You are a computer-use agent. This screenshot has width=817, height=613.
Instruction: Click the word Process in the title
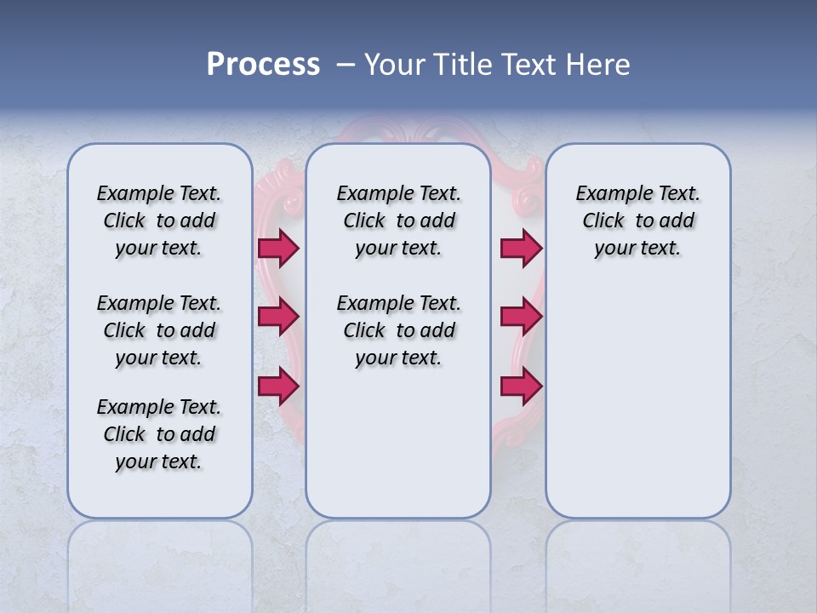coord(263,65)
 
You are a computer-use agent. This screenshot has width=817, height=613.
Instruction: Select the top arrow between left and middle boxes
coord(277,248)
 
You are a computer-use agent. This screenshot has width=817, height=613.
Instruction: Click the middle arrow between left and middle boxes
coord(277,317)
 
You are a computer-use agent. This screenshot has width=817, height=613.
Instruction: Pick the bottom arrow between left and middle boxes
coord(277,387)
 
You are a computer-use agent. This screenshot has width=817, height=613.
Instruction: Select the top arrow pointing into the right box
coord(521,248)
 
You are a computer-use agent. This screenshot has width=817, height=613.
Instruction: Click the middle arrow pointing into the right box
coord(521,317)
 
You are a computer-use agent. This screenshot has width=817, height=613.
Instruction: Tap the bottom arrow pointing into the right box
coord(521,387)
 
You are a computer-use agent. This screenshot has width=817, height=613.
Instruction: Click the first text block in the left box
coord(159,221)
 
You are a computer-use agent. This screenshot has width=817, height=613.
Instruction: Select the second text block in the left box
coord(159,330)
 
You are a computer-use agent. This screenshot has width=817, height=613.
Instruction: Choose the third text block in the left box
coord(159,434)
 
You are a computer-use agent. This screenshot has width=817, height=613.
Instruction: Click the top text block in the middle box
coord(398,221)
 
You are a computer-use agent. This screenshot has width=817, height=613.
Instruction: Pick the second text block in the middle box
coord(398,330)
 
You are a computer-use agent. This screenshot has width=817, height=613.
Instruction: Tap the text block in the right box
coord(637,221)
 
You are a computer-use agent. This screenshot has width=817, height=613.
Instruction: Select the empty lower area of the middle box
coord(398,451)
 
